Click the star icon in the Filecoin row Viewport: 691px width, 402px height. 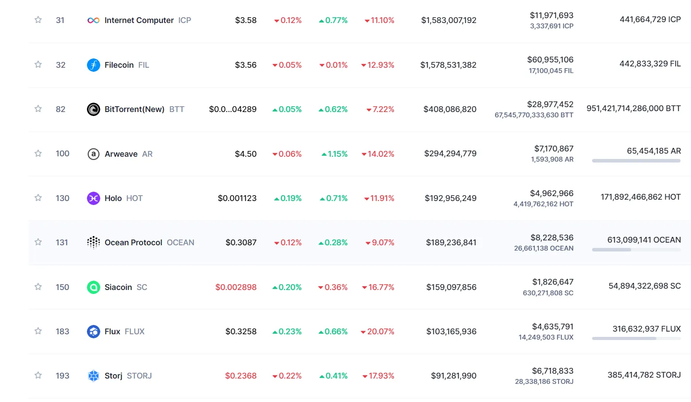tap(38, 65)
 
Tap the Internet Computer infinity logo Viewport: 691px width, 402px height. tap(93, 20)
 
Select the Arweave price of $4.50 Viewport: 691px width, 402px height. tap(246, 154)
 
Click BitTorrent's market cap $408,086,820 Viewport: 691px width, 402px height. tap(450, 109)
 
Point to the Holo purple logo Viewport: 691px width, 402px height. tap(93, 198)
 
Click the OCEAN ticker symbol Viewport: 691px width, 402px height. tap(181, 243)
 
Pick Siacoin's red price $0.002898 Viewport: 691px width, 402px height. tap(236, 287)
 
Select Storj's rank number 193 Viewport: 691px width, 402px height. tap(63, 376)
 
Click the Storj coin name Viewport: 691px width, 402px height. tap(114, 376)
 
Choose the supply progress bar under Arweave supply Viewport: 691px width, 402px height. tap(636, 161)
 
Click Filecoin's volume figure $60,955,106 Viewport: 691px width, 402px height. tap(550, 60)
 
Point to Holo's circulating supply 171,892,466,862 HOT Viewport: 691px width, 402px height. tap(640, 197)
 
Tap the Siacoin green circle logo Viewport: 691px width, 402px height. tap(93, 287)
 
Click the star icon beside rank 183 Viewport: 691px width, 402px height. tap(38, 331)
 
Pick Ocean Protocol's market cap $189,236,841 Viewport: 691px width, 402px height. tap(451, 243)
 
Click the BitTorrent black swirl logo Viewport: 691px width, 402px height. tap(93, 109)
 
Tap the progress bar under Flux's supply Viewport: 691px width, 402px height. tap(636, 339)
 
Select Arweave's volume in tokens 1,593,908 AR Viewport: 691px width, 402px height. tap(552, 159)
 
